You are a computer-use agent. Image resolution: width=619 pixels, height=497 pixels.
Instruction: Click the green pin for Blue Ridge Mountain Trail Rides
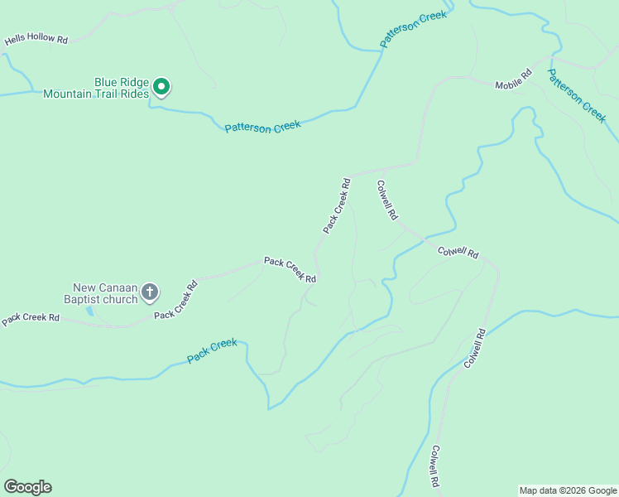(x=162, y=86)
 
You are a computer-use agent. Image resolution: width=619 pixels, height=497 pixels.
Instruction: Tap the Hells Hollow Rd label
(x=36, y=39)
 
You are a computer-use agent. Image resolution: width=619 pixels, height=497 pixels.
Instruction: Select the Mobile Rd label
(x=512, y=80)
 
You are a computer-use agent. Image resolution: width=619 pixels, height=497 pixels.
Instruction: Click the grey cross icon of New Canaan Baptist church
(x=150, y=291)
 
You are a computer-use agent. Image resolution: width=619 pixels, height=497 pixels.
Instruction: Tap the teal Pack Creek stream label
(x=212, y=350)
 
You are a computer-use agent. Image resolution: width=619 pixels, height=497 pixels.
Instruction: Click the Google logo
(x=27, y=487)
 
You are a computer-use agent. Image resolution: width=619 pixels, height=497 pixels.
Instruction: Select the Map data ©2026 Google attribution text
(x=568, y=490)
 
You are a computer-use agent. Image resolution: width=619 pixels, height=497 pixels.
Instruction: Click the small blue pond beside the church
(x=89, y=311)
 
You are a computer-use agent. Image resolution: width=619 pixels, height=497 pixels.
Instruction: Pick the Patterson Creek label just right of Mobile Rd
(x=577, y=95)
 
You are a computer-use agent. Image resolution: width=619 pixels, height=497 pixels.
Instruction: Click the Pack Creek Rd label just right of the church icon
(x=176, y=300)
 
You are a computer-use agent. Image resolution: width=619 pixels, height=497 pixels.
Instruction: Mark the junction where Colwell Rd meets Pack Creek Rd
(x=353, y=175)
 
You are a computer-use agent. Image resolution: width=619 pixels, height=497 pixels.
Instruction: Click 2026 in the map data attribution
(x=581, y=490)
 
